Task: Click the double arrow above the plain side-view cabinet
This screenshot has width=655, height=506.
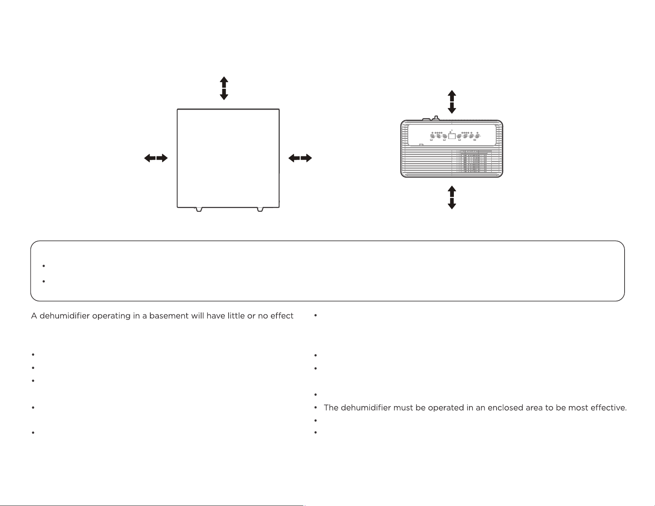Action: click(x=224, y=88)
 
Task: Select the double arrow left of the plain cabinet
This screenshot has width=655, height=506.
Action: click(x=156, y=158)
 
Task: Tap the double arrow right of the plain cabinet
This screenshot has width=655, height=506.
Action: click(x=300, y=158)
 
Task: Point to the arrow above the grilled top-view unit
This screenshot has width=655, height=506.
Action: click(x=452, y=102)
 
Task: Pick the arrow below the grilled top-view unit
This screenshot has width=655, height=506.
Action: click(x=452, y=198)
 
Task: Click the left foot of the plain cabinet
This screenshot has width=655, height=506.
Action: click(x=199, y=210)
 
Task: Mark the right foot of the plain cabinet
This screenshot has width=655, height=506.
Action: click(x=260, y=210)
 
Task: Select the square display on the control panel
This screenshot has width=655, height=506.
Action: click(x=452, y=136)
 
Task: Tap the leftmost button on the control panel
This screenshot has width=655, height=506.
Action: click(x=432, y=136)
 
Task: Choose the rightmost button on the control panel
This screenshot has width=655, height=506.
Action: click(x=477, y=136)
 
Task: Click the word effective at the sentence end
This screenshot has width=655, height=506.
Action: click(x=607, y=408)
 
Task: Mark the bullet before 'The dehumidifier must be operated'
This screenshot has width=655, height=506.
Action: click(x=315, y=408)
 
